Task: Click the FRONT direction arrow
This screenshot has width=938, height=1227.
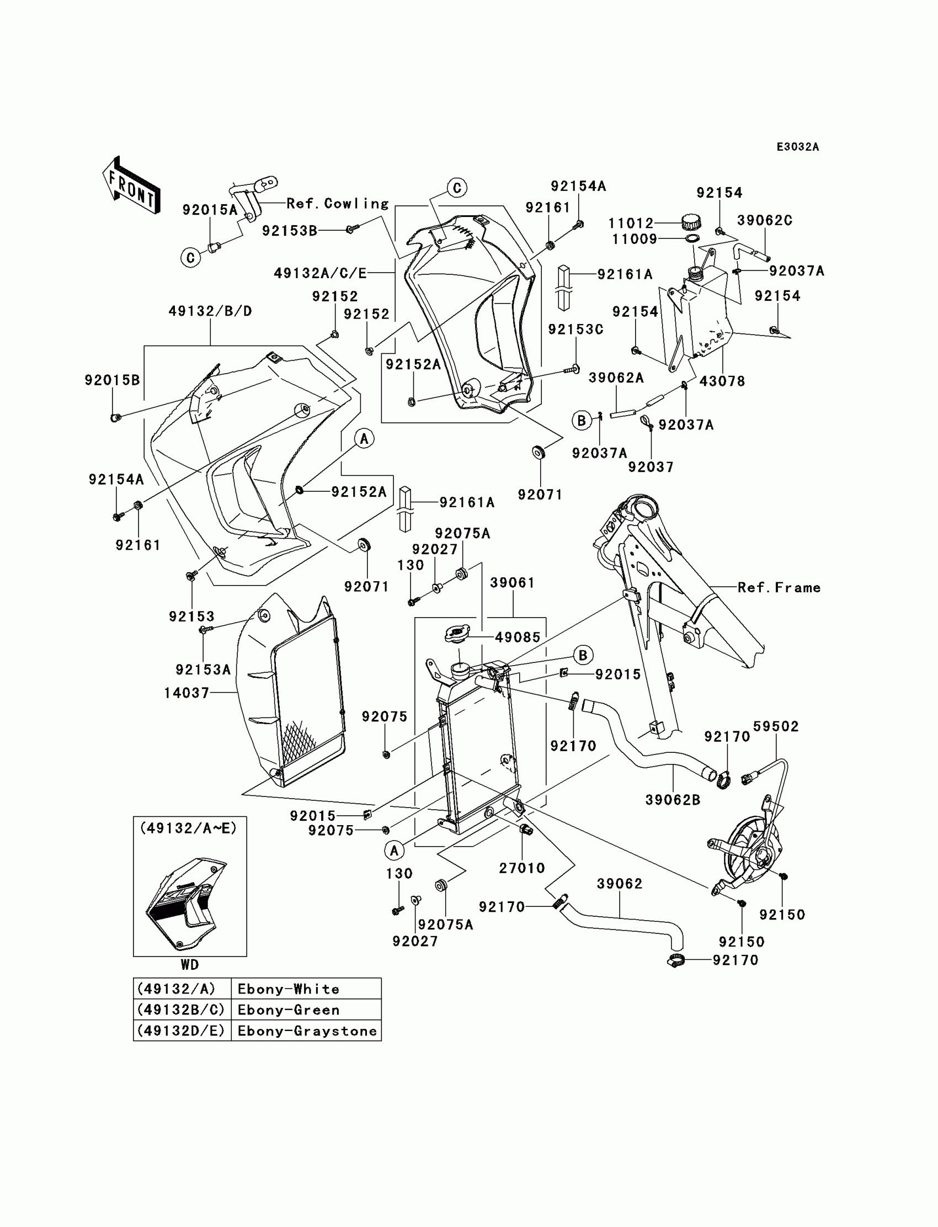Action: pos(132,186)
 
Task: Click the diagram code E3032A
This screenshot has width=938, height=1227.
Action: pos(797,147)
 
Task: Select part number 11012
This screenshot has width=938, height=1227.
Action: pos(630,224)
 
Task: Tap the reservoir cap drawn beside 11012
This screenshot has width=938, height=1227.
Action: pos(691,222)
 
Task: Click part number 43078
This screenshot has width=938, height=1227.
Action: pos(722,381)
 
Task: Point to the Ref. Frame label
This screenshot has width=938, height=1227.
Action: pos(779,587)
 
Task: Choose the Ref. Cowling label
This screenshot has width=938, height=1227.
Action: pos(337,203)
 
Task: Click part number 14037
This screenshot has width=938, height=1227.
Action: pos(186,693)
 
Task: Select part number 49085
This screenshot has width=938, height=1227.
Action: pos(518,638)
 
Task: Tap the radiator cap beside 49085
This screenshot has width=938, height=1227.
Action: pos(456,634)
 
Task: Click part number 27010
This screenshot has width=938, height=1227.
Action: pos(521,867)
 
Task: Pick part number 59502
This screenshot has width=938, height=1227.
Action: pos(776,726)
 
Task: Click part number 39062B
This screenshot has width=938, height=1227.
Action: pos(672,800)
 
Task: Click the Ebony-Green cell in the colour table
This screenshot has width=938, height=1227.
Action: pos(288,1010)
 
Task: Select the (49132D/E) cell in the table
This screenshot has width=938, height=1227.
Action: pos(182,1031)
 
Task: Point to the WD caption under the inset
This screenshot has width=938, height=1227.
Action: pos(189,964)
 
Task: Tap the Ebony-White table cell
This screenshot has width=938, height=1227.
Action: pos(288,989)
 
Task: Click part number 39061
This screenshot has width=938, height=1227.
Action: pos(512,583)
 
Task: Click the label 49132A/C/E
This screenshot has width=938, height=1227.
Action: pos(320,273)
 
